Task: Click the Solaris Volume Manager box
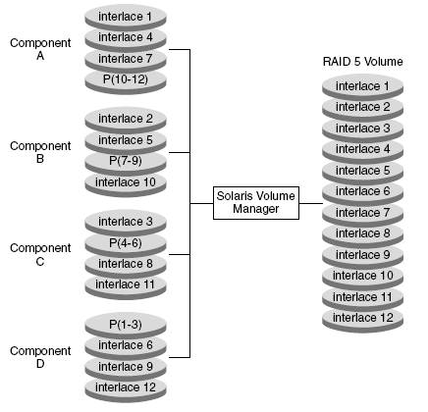click(x=256, y=203)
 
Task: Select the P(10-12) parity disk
click(x=126, y=81)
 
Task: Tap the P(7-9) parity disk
click(x=126, y=162)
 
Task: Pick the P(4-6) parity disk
click(x=126, y=244)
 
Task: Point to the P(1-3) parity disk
click(x=126, y=325)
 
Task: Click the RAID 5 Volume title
click(x=362, y=62)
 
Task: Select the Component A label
click(x=40, y=49)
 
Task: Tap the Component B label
click(x=40, y=152)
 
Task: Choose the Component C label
click(x=40, y=254)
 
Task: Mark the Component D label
click(x=40, y=357)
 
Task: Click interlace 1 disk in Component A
click(x=126, y=17)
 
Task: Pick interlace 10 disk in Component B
click(x=126, y=184)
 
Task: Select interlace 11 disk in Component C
click(x=126, y=286)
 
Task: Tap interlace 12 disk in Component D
click(x=126, y=389)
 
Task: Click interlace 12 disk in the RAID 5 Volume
click(x=362, y=320)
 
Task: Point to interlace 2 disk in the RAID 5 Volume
click(x=362, y=107)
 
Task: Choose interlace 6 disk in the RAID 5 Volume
click(x=362, y=191)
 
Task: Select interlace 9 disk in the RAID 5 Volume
click(x=362, y=255)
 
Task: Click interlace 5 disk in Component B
click(x=126, y=141)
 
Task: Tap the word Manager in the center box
click(x=256, y=209)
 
